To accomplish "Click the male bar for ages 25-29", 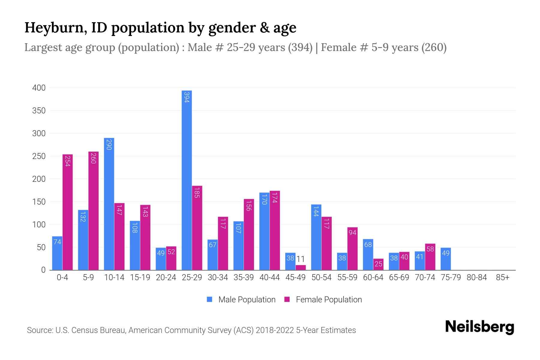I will pyautogui.click(x=187, y=180).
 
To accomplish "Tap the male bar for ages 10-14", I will pyautogui.click(x=109, y=204).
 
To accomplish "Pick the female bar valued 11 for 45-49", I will pyautogui.click(x=301, y=268).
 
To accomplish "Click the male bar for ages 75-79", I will pyautogui.click(x=445, y=259).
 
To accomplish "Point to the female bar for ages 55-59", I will pyautogui.click(x=352, y=249).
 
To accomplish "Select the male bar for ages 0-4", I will pyautogui.click(x=57, y=253).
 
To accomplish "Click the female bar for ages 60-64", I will pyautogui.click(x=378, y=264).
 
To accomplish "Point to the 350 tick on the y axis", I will pyautogui.click(x=39, y=111).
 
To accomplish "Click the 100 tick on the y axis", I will pyautogui.click(x=39, y=225).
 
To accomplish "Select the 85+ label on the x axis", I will pyautogui.click(x=502, y=277).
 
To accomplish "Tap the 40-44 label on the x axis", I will pyautogui.click(x=269, y=277).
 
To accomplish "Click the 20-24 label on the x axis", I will pyautogui.click(x=166, y=277).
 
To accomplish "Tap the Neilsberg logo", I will pyautogui.click(x=479, y=327).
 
